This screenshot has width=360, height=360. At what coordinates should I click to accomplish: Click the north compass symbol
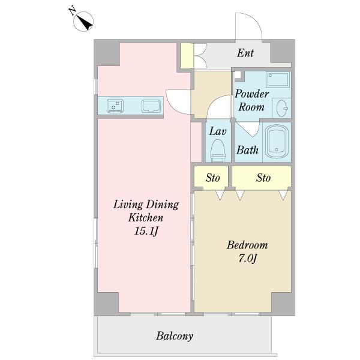pyautogui.click(x=83, y=22)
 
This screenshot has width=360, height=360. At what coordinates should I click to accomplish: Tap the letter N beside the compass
pyautogui.click(x=73, y=11)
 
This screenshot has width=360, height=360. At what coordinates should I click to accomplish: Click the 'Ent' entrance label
pyautogui.click(x=245, y=53)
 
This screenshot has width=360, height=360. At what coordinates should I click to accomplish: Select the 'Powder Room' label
pyautogui.click(x=251, y=100)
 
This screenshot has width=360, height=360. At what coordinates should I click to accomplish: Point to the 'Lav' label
pyautogui.click(x=218, y=131)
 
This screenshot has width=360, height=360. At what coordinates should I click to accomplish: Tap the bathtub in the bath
pyautogui.click(x=277, y=142)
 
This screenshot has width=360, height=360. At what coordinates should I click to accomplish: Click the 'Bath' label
pyautogui.click(x=247, y=150)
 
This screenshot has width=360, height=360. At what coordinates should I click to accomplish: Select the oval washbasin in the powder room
pyautogui.click(x=282, y=108)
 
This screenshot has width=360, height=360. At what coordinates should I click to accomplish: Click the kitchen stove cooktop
pyautogui.click(x=115, y=106)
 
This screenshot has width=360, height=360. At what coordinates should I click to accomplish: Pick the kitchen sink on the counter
pyautogui.click(x=151, y=106)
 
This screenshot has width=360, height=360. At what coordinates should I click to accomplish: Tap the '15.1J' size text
pyautogui.click(x=146, y=231)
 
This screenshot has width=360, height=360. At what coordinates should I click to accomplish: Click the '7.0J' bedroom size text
pyautogui.click(x=247, y=259)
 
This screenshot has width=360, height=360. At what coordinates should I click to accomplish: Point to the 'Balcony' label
pyautogui.click(x=175, y=336)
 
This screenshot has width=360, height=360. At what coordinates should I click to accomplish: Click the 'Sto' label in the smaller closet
pyautogui.click(x=212, y=178)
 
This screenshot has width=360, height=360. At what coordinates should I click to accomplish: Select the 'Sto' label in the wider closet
pyautogui.click(x=263, y=178)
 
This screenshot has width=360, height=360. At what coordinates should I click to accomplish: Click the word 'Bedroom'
pyautogui.click(x=247, y=245)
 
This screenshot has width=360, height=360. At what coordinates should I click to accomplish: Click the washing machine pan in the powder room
pyautogui.click(x=278, y=79)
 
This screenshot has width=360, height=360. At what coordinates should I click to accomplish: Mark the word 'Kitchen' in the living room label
pyautogui.click(x=146, y=217)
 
